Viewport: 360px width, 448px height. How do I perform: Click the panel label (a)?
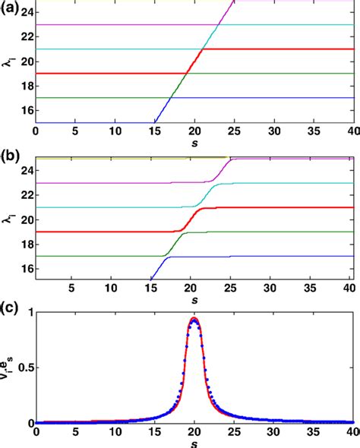coord(10,11)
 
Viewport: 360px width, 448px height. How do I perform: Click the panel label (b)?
coord(10,160)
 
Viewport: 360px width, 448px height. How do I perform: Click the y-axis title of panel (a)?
coord(9,67)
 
